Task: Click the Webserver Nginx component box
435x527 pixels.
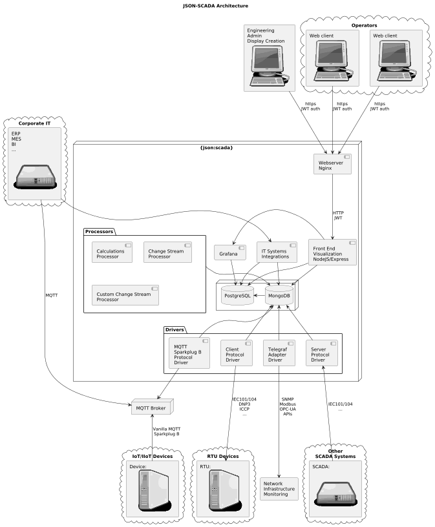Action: click(x=332, y=166)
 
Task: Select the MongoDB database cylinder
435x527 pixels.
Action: click(x=279, y=295)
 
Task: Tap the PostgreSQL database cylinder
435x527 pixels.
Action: click(x=237, y=295)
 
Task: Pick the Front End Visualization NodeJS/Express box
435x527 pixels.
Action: click(x=332, y=251)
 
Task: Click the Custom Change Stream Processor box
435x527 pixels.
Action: click(x=125, y=294)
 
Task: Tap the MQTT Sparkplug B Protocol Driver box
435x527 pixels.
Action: click(x=189, y=353)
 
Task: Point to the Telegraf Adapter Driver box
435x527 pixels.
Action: click(x=279, y=353)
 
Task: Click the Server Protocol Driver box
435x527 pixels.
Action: click(x=321, y=353)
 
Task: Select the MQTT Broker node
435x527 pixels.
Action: click(x=151, y=408)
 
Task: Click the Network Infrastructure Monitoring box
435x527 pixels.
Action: click(x=279, y=488)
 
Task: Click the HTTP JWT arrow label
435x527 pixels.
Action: click(x=338, y=216)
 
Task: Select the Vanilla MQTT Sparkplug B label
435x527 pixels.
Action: click(x=166, y=431)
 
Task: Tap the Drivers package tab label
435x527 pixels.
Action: click(x=175, y=329)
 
